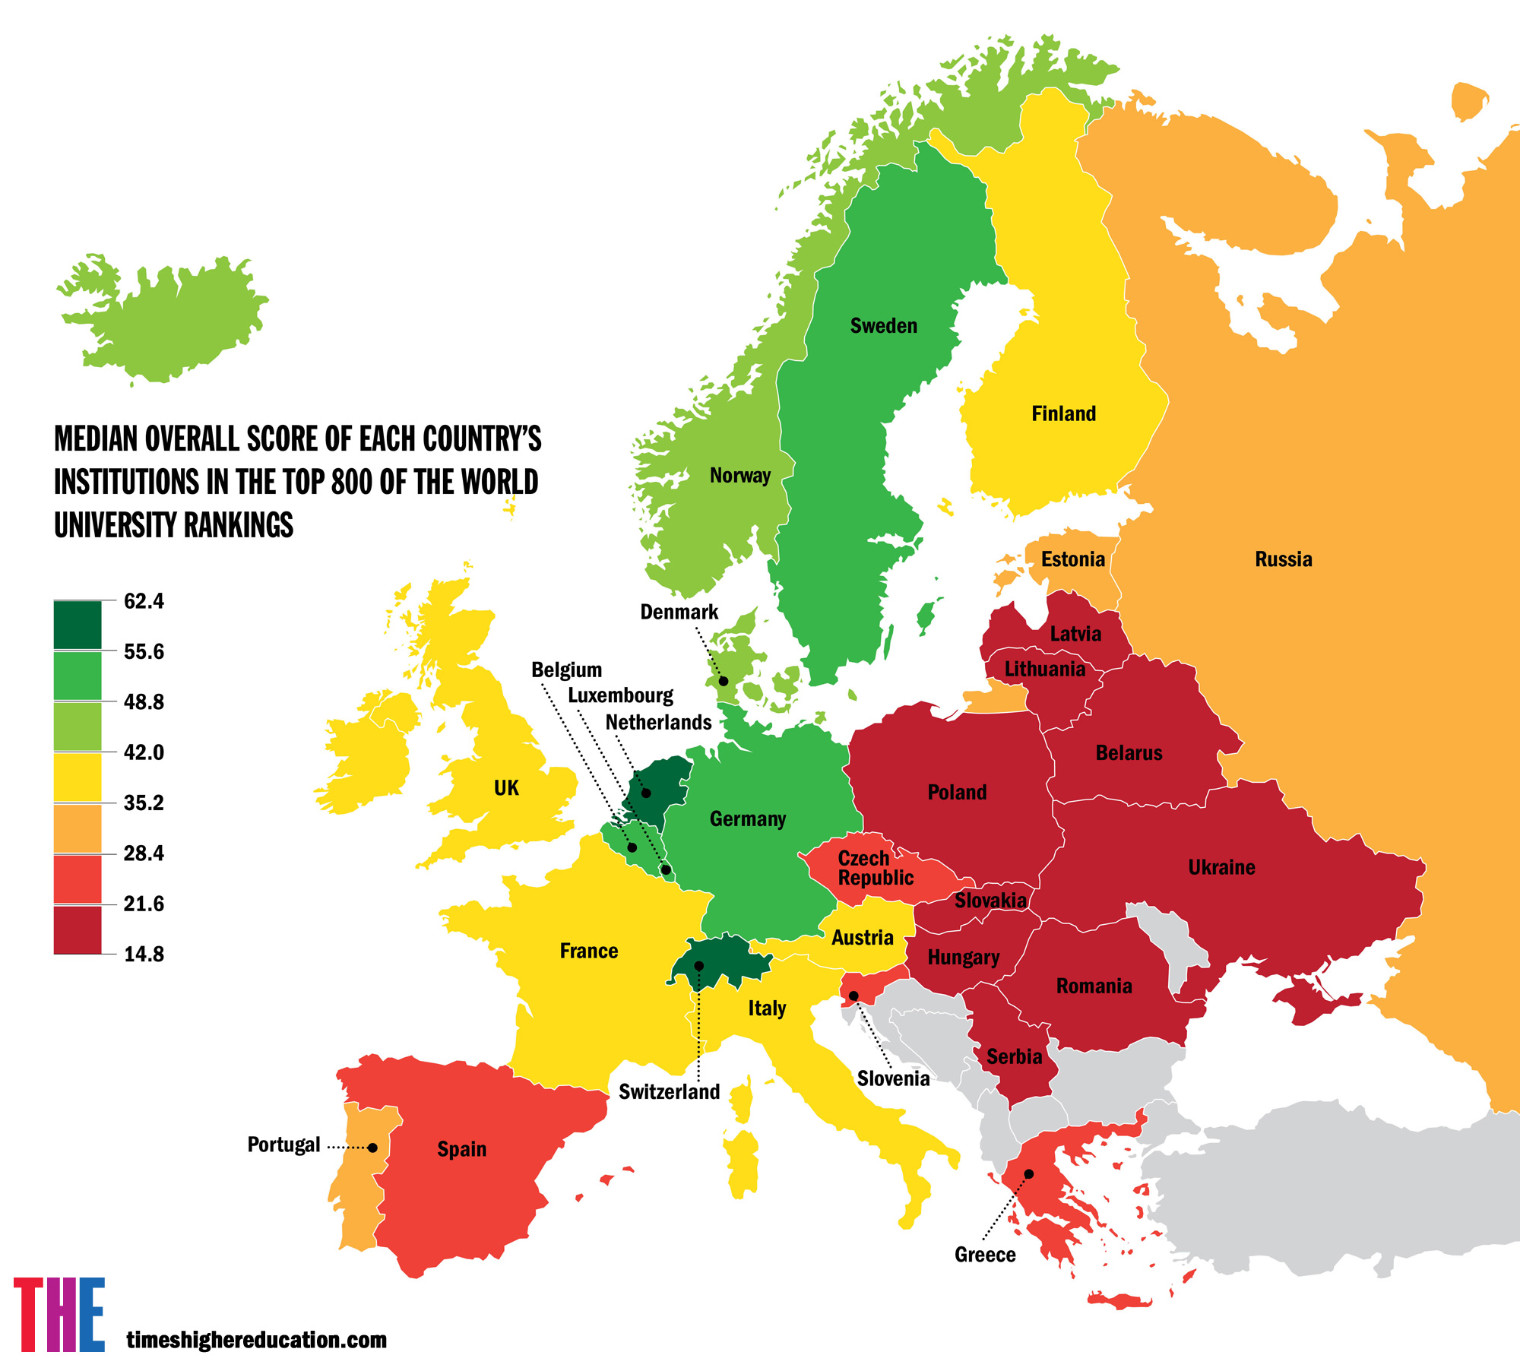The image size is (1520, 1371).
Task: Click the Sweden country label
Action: pyautogui.click(x=883, y=326)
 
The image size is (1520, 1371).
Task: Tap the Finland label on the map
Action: pyautogui.click(x=1063, y=414)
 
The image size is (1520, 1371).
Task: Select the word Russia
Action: pyautogui.click(x=1283, y=559)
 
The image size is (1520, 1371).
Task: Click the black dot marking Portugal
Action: pyautogui.click(x=372, y=1148)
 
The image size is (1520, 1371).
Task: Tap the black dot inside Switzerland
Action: pyautogui.click(x=698, y=966)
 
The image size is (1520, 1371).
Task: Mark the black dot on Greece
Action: pyautogui.click(x=1028, y=1174)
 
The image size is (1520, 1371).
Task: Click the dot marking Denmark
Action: pyautogui.click(x=724, y=681)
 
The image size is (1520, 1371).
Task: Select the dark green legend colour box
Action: pyautogui.click(x=78, y=625)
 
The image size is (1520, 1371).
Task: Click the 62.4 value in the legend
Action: pyautogui.click(x=144, y=601)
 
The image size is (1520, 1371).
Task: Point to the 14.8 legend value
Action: pyautogui.click(x=144, y=955)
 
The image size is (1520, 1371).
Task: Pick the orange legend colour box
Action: pyautogui.click(x=78, y=828)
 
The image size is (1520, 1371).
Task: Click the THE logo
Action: pyautogui.click(x=59, y=1315)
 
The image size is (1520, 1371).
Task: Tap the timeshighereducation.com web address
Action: pyautogui.click(x=256, y=1339)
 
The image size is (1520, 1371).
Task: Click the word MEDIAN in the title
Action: pyautogui.click(x=96, y=439)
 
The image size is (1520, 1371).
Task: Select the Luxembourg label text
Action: pyautogui.click(x=620, y=695)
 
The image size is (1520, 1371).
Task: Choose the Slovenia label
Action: pyautogui.click(x=893, y=1078)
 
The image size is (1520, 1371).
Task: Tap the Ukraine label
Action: pyautogui.click(x=1221, y=867)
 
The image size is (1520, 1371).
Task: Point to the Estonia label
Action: pyautogui.click(x=1072, y=559)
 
